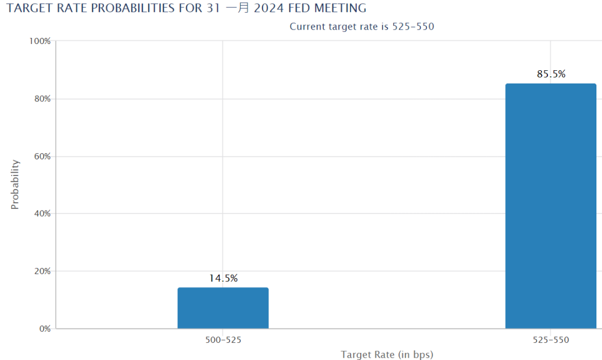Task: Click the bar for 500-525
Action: coord(223,308)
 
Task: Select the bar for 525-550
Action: coord(551,206)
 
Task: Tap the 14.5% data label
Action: coord(224,279)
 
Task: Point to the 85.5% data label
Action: coord(551,74)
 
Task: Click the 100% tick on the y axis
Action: coord(40,41)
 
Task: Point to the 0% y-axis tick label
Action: coord(44,329)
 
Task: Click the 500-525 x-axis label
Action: coord(223,340)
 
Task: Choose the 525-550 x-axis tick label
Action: coord(551,340)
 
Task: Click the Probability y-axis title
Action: coord(15,184)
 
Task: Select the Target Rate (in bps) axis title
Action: coord(387,354)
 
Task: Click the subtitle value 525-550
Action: coord(412,26)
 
